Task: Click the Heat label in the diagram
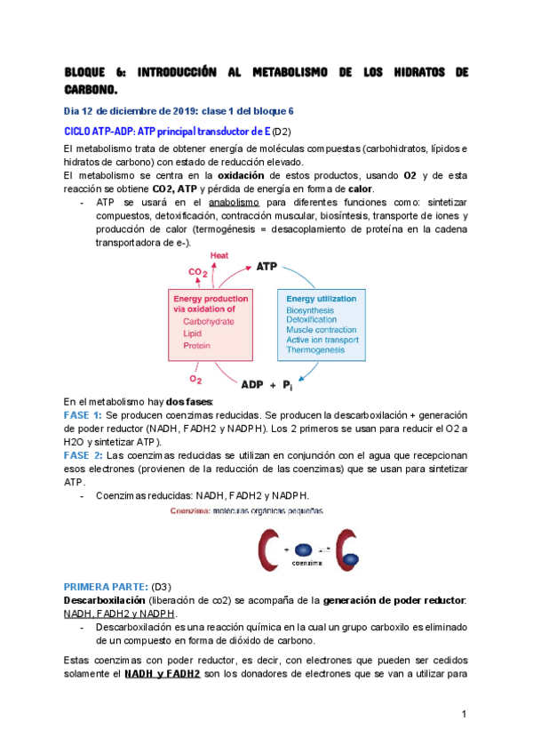coord(219,255)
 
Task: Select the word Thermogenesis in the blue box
coord(312,350)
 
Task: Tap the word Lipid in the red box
coord(193,333)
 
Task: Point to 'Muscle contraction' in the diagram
coord(321,329)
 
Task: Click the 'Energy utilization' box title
coord(321,299)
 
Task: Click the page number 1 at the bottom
coord(465,716)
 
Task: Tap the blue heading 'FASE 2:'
coord(84,454)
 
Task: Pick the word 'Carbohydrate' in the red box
coord(210,321)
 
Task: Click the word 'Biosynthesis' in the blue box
coord(312,310)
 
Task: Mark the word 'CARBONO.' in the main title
coord(91,90)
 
